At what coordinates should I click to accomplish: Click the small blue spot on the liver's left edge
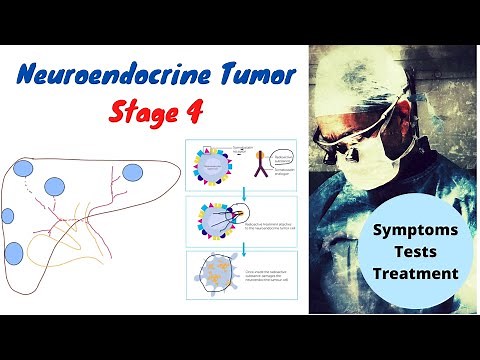pos(7,215)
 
